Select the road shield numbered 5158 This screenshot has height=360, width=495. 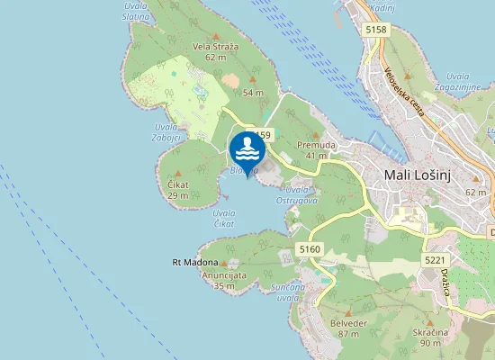click(x=376, y=31)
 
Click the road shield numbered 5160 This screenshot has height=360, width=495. click(x=309, y=248)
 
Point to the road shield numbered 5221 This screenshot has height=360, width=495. click(x=436, y=260)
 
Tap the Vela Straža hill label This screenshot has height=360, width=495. click(x=215, y=46)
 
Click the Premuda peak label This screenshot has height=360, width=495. click(x=316, y=145)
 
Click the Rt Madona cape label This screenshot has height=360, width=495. click(x=195, y=263)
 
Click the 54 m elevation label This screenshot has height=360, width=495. click(x=253, y=93)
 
